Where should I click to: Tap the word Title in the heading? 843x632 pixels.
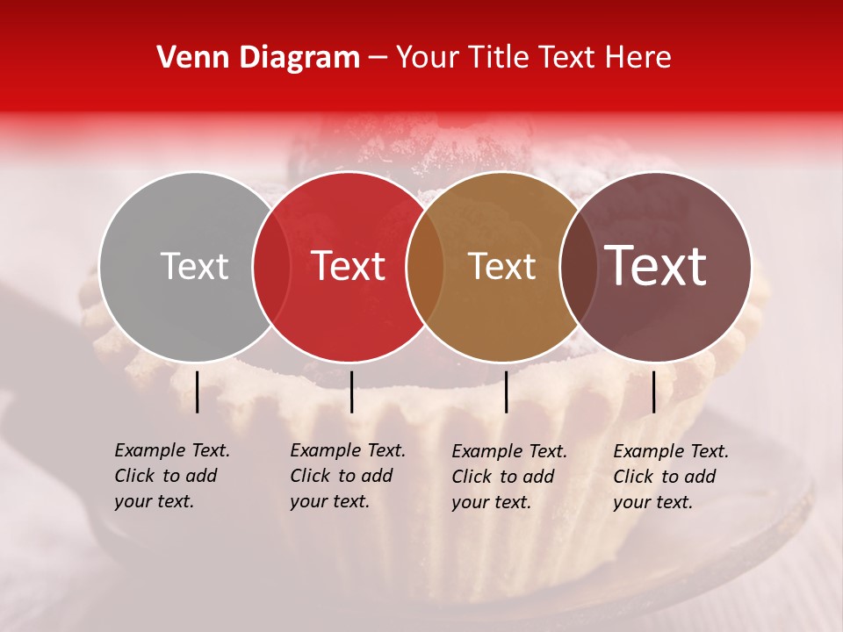(x=499, y=58)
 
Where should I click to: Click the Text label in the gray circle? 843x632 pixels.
(x=195, y=266)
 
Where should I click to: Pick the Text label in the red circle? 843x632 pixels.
(x=349, y=266)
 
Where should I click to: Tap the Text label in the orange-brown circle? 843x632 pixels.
(x=502, y=266)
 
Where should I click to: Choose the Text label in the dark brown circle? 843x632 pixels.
(x=656, y=266)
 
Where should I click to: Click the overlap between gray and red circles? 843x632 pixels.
(x=271, y=266)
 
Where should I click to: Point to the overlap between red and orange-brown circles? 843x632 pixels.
(x=425, y=266)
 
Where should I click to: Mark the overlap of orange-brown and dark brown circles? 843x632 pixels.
(x=579, y=266)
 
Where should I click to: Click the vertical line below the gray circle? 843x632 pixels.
(x=198, y=391)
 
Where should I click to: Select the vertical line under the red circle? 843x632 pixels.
(x=351, y=391)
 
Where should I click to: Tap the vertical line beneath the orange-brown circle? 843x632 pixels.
(x=506, y=391)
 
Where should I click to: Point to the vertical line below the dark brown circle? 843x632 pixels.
(x=654, y=391)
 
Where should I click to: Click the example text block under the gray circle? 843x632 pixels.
(x=172, y=476)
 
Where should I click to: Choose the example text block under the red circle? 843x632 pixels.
(x=348, y=476)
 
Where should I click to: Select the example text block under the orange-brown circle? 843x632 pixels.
(x=509, y=477)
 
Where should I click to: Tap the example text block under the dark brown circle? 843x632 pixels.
(x=671, y=477)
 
